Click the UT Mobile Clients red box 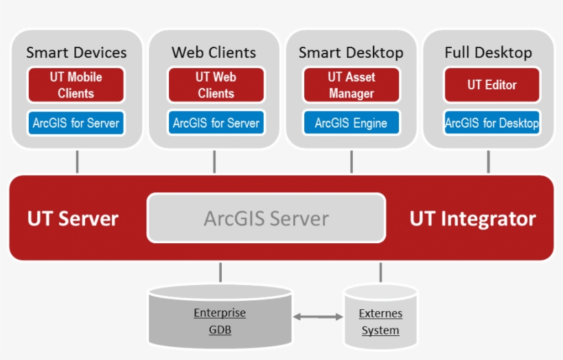(x=76, y=85)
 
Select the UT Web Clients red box (x=216, y=85)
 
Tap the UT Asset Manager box (x=352, y=85)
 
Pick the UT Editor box (x=492, y=85)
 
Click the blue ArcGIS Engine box (x=352, y=123)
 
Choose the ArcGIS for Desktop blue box (x=492, y=123)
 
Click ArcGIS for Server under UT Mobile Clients (x=76, y=123)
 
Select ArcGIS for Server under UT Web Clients (x=216, y=123)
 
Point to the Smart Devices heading (x=76, y=52)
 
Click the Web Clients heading (x=214, y=52)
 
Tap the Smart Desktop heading (x=351, y=53)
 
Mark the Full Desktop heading (x=488, y=53)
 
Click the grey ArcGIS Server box (x=266, y=218)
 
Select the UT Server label (x=73, y=218)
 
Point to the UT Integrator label (x=473, y=218)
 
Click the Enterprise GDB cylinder (x=220, y=316)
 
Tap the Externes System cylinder (x=380, y=317)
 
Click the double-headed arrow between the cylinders (x=318, y=317)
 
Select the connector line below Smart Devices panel (x=77, y=162)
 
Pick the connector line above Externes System (x=380, y=272)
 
